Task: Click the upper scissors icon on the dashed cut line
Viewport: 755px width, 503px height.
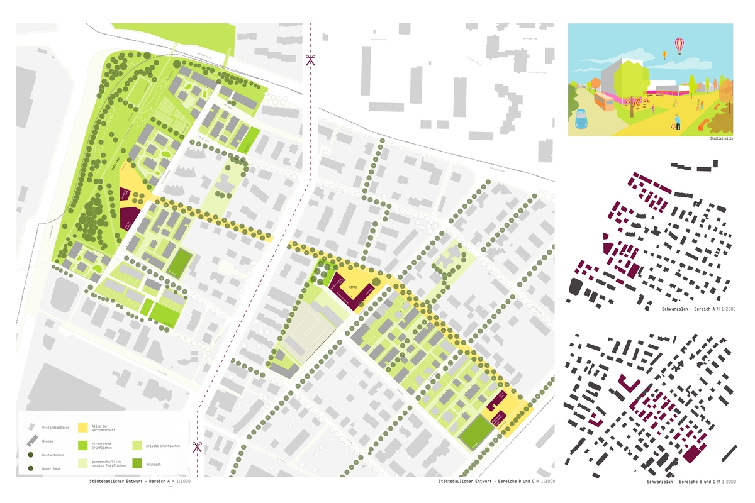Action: coord(310,60)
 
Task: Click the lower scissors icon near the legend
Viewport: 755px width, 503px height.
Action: coord(197,446)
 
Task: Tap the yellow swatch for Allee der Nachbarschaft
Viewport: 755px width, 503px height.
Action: coord(82,428)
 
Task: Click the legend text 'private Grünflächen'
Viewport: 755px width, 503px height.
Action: coord(163,446)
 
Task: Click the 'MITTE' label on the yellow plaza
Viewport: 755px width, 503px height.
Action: coord(353,283)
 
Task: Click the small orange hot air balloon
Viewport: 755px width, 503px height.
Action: coord(664,55)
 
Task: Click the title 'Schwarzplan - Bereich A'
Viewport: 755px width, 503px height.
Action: coord(688,309)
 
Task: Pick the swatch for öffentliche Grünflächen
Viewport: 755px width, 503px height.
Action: coord(82,446)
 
